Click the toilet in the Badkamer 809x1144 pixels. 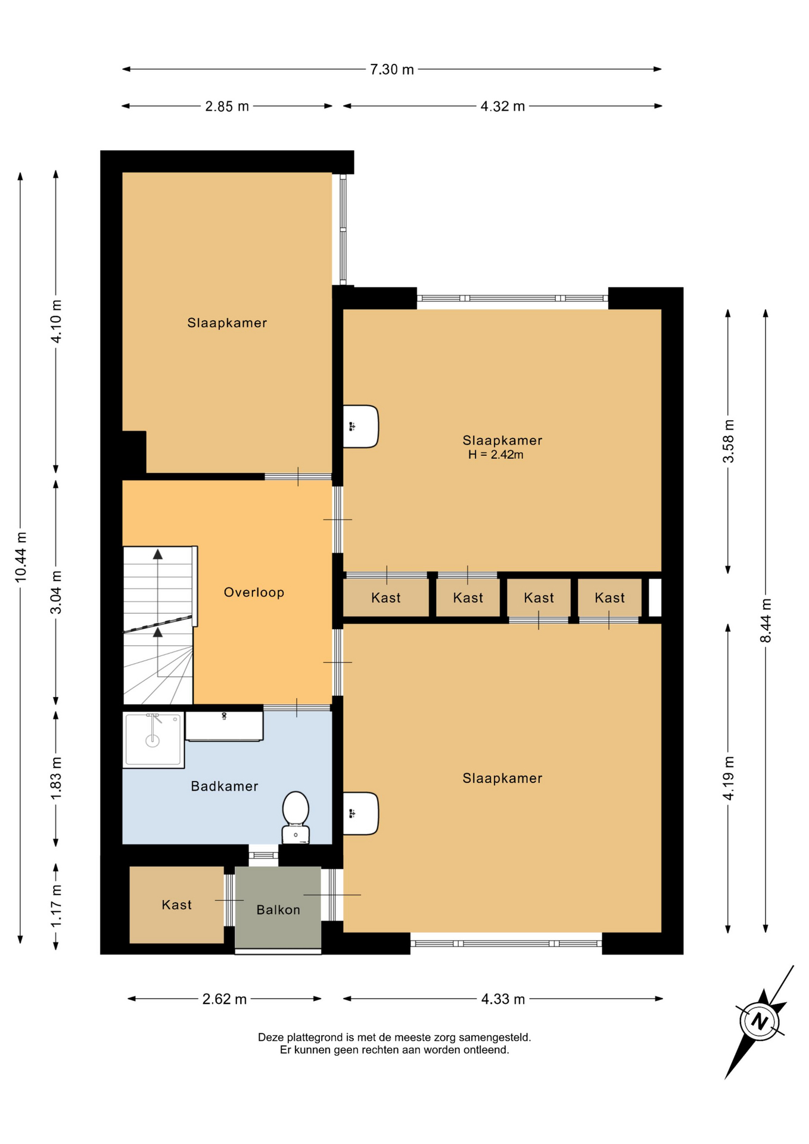pos(295,817)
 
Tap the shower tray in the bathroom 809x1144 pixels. pos(153,740)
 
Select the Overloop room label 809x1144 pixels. pos(254,592)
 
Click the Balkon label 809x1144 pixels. pos(278,910)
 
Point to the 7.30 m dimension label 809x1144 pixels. pos(392,70)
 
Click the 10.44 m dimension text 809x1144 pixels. pos(20,557)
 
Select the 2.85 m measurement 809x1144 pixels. pos(227,107)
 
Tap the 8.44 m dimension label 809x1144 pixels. pos(766,620)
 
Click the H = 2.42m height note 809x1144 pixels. pos(496,455)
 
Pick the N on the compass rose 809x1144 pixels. pos(759,1021)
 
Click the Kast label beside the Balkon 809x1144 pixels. pos(176,905)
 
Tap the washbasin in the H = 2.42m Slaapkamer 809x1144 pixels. pos(360,426)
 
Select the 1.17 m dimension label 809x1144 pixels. pos(56,906)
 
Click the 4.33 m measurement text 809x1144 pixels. pos(503,999)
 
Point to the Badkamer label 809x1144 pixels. pos(225,786)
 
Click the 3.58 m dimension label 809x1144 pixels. pos(728,441)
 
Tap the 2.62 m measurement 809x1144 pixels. pos(225,999)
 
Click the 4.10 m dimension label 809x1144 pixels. pos(56,321)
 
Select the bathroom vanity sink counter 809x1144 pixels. pos(224,726)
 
